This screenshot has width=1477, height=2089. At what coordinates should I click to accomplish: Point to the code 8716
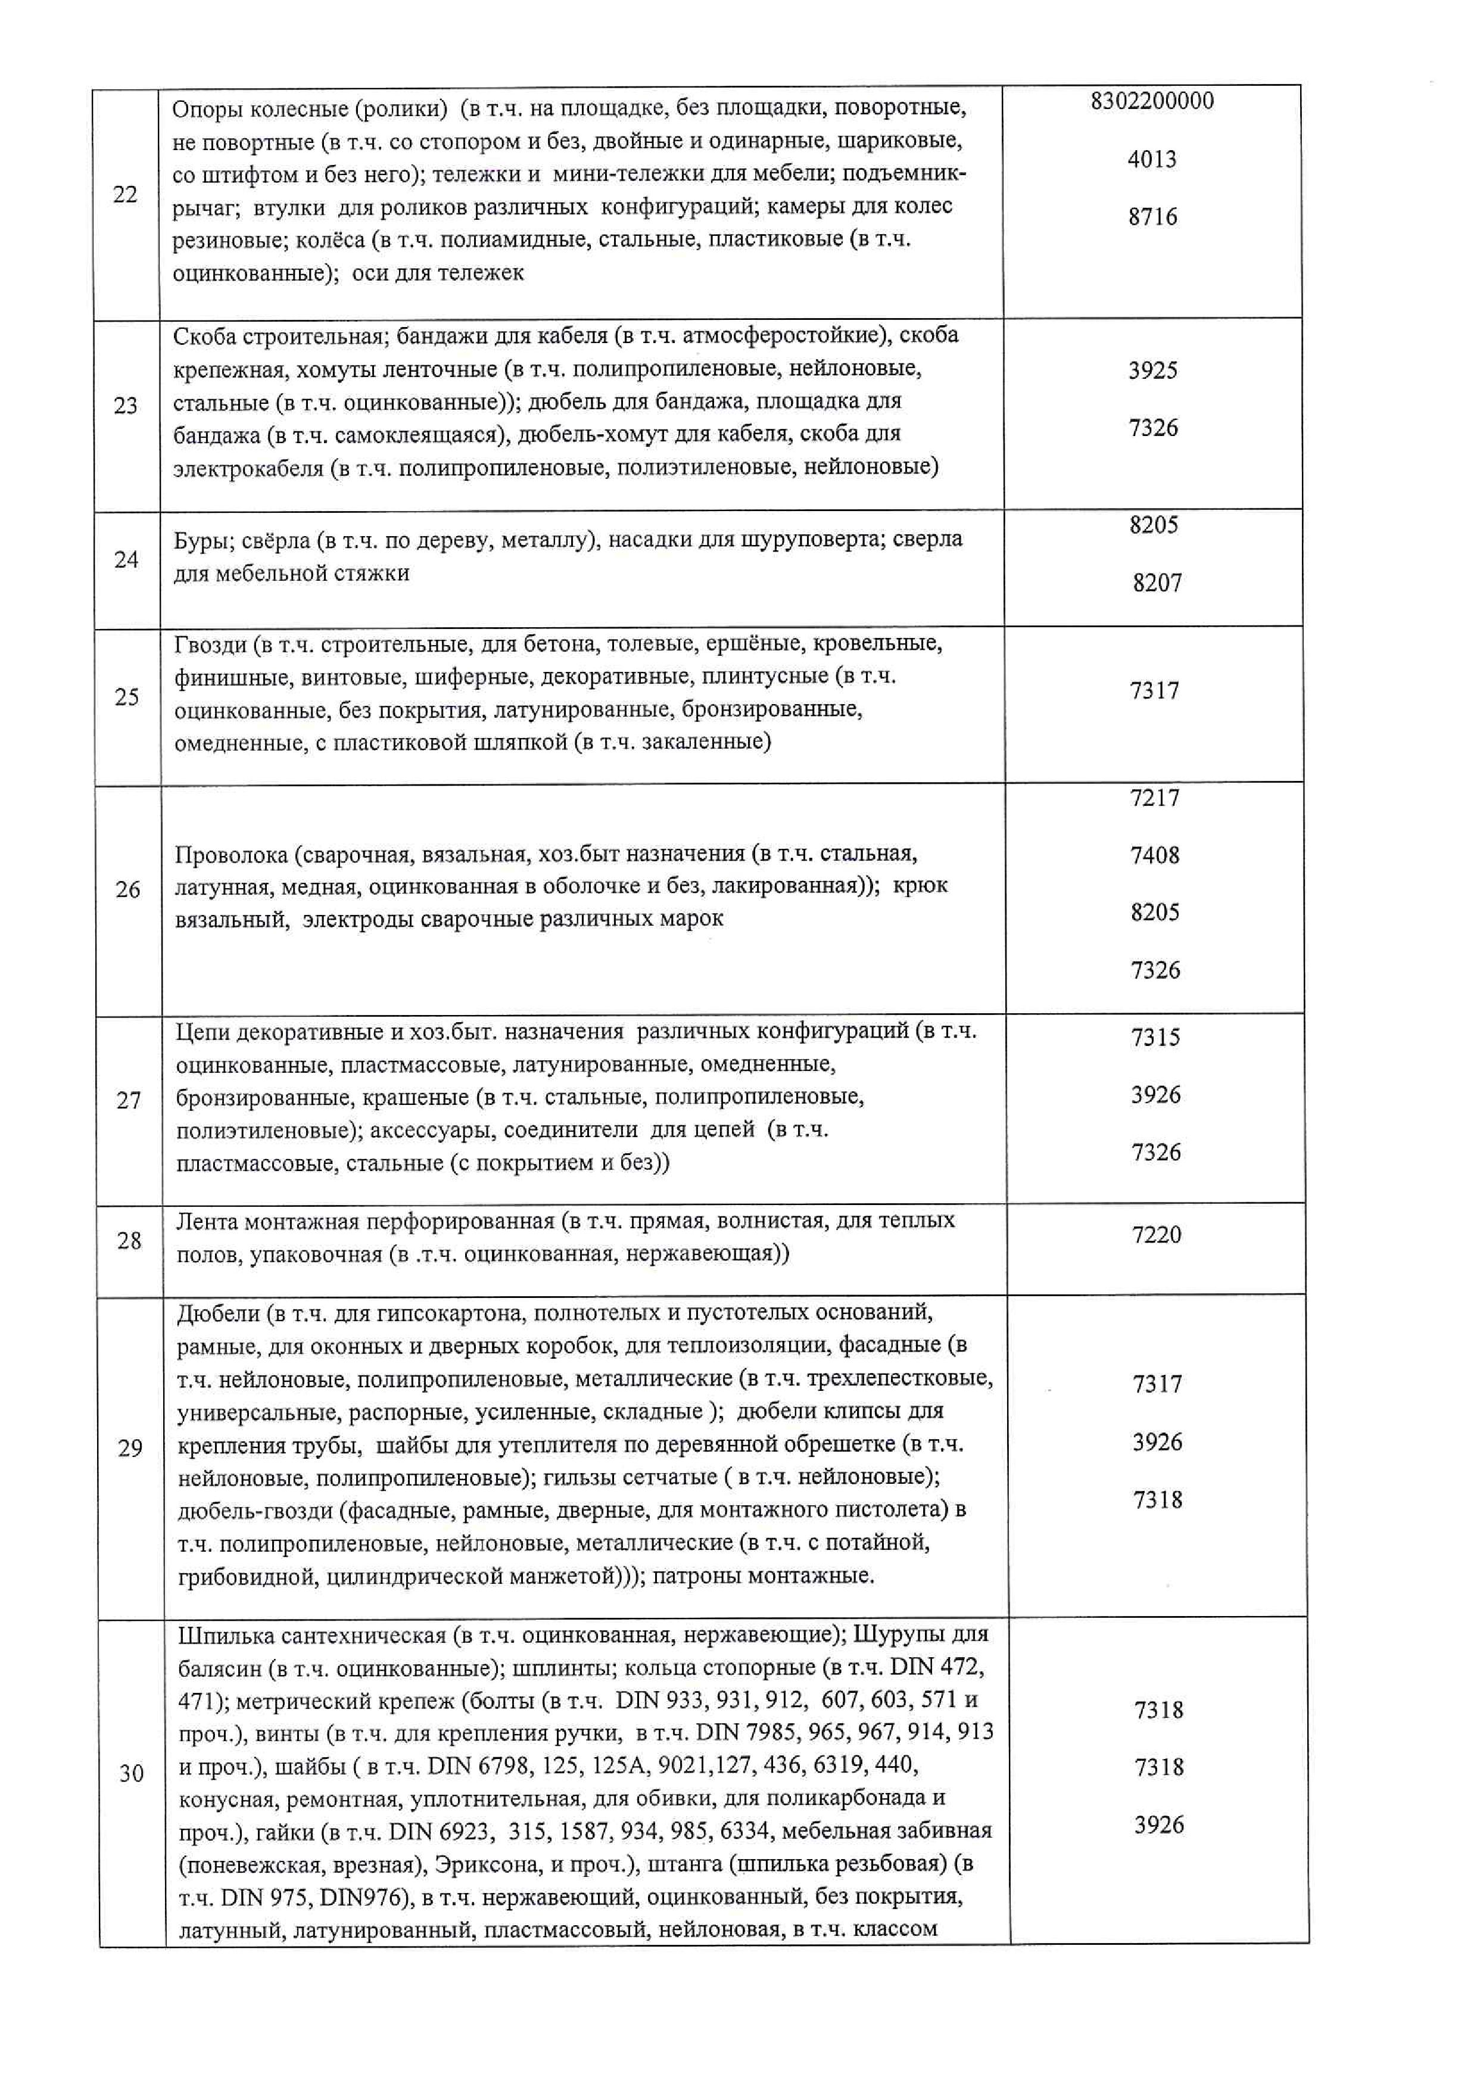point(1152,217)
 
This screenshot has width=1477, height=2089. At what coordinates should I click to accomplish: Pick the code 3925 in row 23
point(1152,371)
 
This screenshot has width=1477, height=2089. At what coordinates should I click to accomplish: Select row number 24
point(126,559)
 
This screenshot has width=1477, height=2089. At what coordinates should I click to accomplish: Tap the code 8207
point(1157,583)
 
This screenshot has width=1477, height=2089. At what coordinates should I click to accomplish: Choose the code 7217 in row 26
point(1154,798)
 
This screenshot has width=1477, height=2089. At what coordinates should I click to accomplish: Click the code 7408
point(1154,855)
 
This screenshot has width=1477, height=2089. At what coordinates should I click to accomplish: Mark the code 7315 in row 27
point(1155,1037)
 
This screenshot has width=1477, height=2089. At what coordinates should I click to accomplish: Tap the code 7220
point(1156,1235)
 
